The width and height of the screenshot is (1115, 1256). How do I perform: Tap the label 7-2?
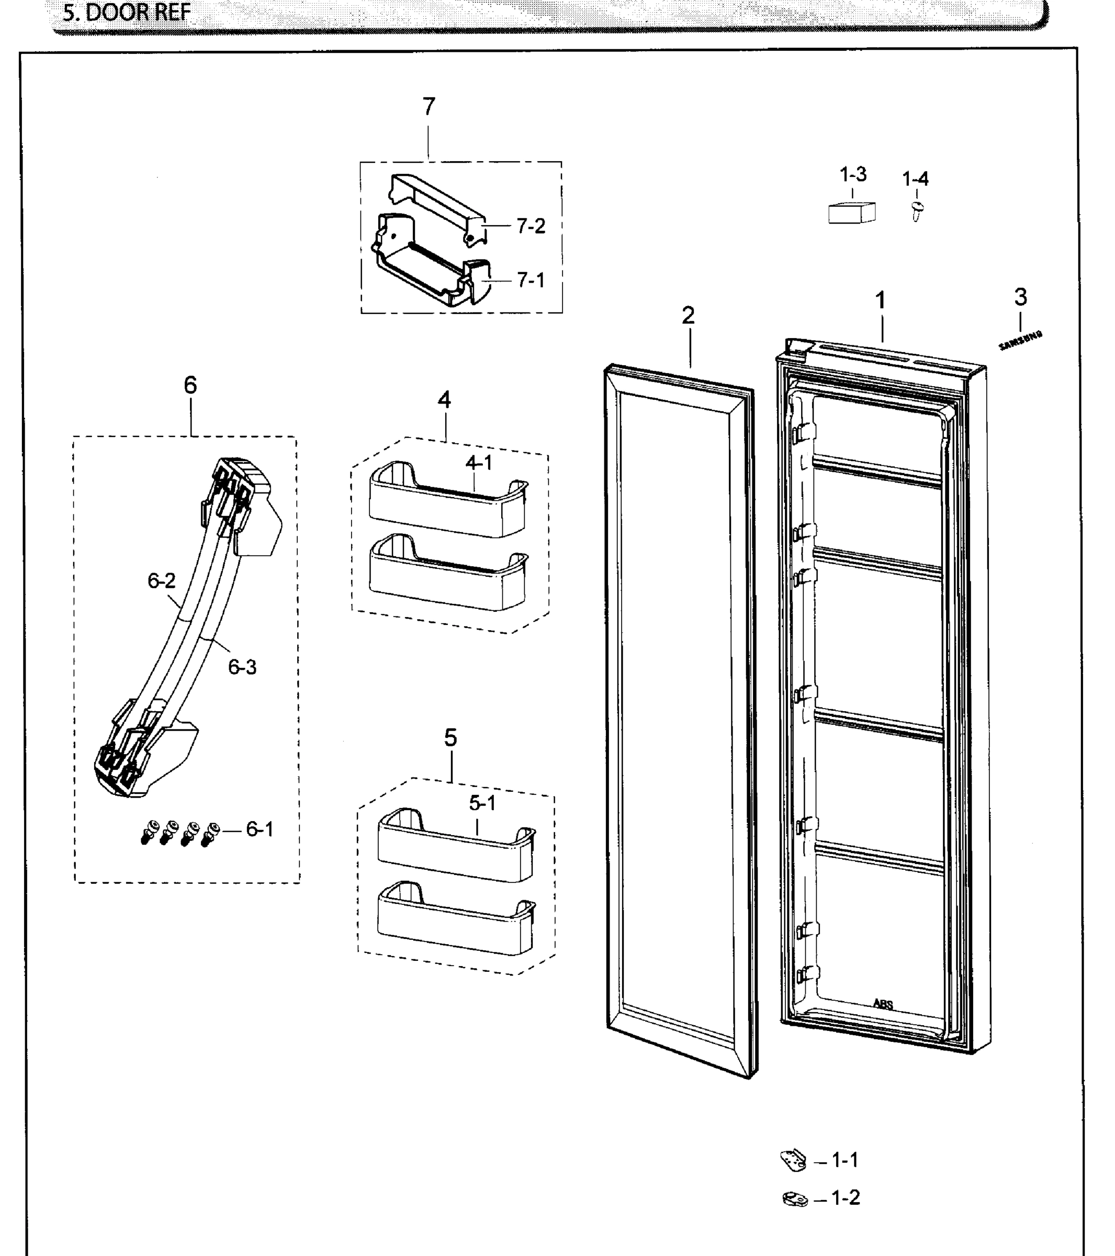pyautogui.click(x=531, y=227)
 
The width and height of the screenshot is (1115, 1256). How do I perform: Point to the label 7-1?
pyautogui.click(x=531, y=281)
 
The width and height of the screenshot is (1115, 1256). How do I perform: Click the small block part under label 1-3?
pyautogui.click(x=851, y=212)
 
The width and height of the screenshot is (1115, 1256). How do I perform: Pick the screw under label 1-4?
pyautogui.click(x=917, y=211)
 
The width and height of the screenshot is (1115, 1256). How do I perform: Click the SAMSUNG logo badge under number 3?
pyautogui.click(x=1020, y=340)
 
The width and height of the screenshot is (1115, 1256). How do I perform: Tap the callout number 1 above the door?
pyautogui.click(x=880, y=300)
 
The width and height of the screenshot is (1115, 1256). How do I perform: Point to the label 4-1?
pyautogui.click(x=479, y=463)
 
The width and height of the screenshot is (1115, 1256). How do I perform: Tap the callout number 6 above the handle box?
pyautogui.click(x=190, y=385)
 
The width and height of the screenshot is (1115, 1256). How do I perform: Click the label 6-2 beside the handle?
pyautogui.click(x=161, y=581)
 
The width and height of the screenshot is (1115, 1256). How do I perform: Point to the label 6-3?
pyautogui.click(x=242, y=667)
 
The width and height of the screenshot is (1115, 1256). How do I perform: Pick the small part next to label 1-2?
pyautogui.click(x=795, y=1198)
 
